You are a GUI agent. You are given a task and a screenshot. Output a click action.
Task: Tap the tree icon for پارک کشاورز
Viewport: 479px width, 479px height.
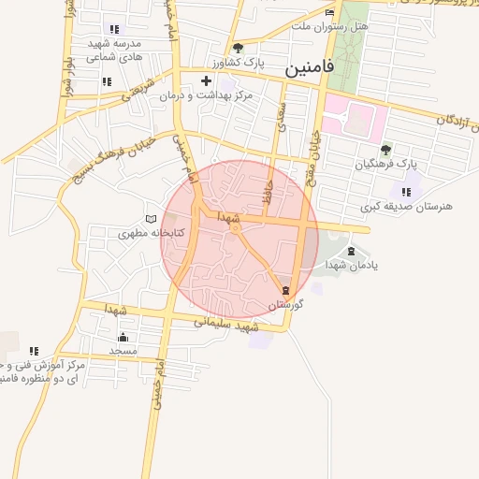(x=238, y=47)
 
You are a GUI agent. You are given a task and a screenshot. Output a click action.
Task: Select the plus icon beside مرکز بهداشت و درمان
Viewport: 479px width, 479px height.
(x=206, y=81)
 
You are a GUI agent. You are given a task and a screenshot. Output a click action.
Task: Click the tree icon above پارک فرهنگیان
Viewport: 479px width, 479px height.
(x=385, y=149)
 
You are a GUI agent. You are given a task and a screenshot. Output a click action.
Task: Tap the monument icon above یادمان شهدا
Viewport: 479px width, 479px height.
(x=351, y=251)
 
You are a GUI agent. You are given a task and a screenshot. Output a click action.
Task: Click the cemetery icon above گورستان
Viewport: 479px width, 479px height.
(x=286, y=291)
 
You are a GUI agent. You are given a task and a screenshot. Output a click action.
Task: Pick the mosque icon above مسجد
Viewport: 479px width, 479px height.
(x=123, y=336)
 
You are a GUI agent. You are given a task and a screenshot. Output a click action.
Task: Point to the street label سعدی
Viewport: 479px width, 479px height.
(x=280, y=116)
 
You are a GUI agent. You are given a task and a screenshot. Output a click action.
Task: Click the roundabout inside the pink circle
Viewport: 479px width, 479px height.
(x=236, y=227)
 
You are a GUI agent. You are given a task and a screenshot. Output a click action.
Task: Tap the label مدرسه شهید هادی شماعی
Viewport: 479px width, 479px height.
(x=113, y=51)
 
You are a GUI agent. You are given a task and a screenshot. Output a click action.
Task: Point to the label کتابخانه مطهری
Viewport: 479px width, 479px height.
(x=150, y=232)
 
